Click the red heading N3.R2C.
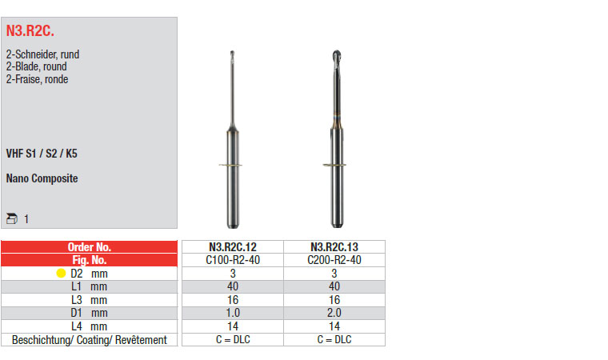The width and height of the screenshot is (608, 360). click(x=30, y=31)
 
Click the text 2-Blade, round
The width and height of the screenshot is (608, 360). click(x=37, y=66)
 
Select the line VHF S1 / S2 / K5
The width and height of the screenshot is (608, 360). click(x=42, y=154)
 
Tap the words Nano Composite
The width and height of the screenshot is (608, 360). click(x=42, y=178)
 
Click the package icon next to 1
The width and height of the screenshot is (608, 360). click(x=12, y=218)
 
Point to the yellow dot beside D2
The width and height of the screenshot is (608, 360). click(x=61, y=274)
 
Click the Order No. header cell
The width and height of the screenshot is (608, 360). click(x=89, y=247)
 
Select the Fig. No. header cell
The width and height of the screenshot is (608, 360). click(x=89, y=260)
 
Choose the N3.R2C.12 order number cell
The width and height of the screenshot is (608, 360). click(x=233, y=247)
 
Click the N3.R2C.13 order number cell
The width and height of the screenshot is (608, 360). click(x=334, y=247)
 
